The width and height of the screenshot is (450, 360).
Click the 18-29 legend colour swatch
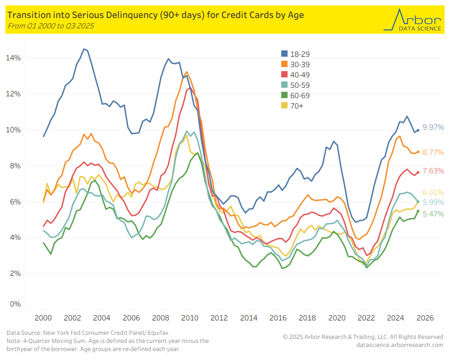tap(284, 54)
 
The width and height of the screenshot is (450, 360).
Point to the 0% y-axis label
tap(15, 304)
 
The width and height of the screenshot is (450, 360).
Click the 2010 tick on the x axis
tap(190, 318)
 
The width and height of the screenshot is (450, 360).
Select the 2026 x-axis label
tap(425, 318)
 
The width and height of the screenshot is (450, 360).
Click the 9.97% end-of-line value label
tap(433, 127)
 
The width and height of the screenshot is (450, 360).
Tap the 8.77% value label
tap(433, 153)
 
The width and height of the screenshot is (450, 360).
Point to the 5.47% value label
tap(433, 214)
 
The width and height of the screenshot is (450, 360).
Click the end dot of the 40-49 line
tap(418, 172)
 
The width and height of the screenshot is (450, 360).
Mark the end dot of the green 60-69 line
tap(418, 211)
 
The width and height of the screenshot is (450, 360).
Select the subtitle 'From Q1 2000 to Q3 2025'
tap(50, 26)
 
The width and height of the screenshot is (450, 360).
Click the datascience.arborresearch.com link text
tap(400, 345)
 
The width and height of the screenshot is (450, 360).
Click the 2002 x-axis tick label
tap(72, 318)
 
